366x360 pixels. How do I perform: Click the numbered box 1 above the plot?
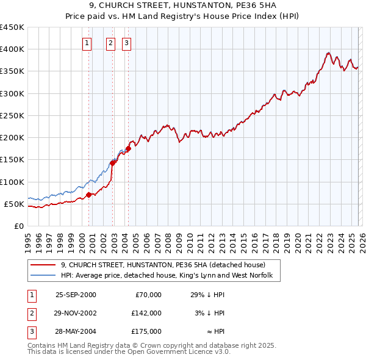tap(88, 43)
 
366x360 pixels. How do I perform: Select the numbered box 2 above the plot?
tap(110, 43)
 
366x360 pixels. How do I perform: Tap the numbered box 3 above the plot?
tap(126, 43)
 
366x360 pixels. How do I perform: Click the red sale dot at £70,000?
tap(89, 195)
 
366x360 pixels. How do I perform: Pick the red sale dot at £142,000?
tap(113, 163)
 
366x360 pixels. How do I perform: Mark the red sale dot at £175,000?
tap(129, 148)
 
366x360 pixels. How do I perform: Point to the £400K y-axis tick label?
tap(12, 49)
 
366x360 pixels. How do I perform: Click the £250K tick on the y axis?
tap(12, 115)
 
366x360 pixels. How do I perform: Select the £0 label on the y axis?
tap(18, 226)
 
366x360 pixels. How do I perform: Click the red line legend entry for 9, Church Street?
tap(163, 265)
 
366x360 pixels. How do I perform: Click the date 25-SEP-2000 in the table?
tap(76, 295)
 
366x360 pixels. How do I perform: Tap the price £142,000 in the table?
tap(146, 313)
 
